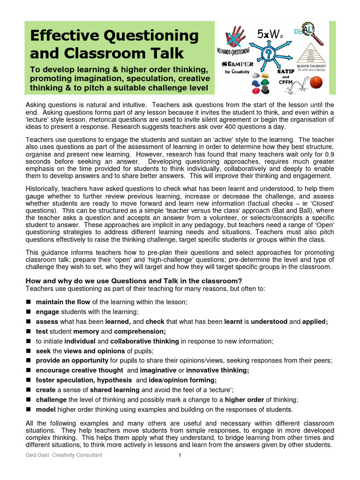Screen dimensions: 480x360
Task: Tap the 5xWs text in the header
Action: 270,33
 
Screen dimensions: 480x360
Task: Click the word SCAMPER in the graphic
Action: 238,64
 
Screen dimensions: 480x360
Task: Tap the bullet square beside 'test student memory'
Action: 29,331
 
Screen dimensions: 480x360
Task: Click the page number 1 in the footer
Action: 180,455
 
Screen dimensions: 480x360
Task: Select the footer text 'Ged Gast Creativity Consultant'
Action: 64,455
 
